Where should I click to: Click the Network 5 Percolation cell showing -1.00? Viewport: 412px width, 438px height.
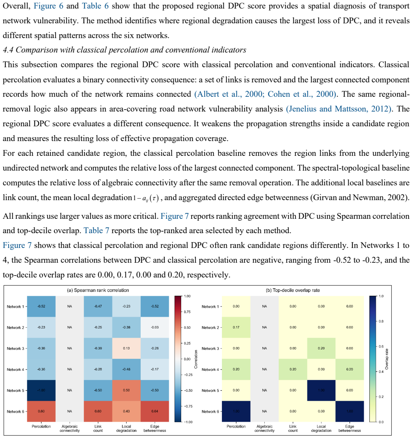(41, 390)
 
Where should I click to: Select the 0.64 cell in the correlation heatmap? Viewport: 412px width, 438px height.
(155, 411)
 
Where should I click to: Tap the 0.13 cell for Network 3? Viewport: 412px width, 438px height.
(126, 348)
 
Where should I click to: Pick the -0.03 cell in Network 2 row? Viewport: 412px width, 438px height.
(155, 327)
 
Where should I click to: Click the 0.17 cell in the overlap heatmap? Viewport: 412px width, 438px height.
(236, 327)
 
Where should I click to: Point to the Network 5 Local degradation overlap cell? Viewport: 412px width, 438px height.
(321, 390)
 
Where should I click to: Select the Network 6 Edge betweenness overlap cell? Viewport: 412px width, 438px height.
(350, 411)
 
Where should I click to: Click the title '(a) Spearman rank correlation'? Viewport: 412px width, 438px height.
(98, 290)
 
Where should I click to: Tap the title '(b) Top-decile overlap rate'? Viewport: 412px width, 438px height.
(293, 290)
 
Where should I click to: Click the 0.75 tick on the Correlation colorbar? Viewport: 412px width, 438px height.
(187, 312)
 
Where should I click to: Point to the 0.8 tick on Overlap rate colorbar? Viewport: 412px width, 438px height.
(381, 321)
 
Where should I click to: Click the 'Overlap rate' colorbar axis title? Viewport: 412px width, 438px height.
(387, 359)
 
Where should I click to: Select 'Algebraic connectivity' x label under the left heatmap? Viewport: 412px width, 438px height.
(70, 429)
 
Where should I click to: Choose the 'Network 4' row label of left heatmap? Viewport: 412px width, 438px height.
(16, 370)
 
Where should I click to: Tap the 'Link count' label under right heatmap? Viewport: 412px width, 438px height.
(293, 429)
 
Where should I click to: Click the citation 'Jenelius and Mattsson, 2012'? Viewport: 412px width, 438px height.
(339, 109)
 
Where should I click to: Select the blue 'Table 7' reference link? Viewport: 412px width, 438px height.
(96, 230)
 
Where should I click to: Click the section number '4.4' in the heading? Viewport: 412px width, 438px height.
(8, 50)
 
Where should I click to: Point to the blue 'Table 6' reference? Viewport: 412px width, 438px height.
(95, 6)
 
